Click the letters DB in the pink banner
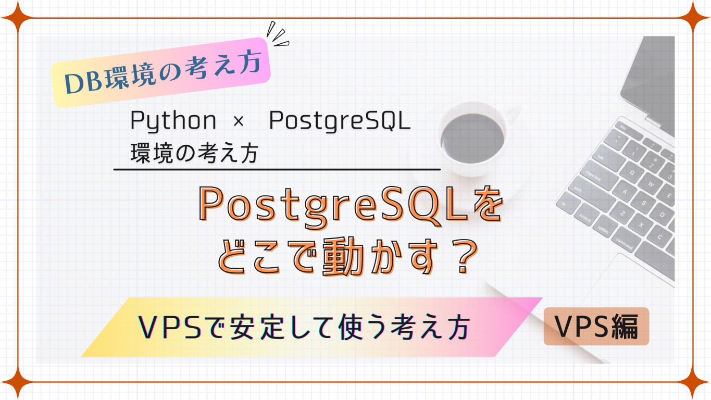(83, 82)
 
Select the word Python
(173, 121)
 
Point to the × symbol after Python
(239, 121)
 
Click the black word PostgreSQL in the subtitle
(340, 121)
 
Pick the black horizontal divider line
(277, 169)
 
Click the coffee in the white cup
(472, 138)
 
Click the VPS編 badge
(596, 327)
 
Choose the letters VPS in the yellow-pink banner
(170, 327)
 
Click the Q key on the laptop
(632, 173)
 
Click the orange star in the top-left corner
(18, 18)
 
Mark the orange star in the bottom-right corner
(693, 382)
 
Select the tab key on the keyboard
(603, 157)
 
